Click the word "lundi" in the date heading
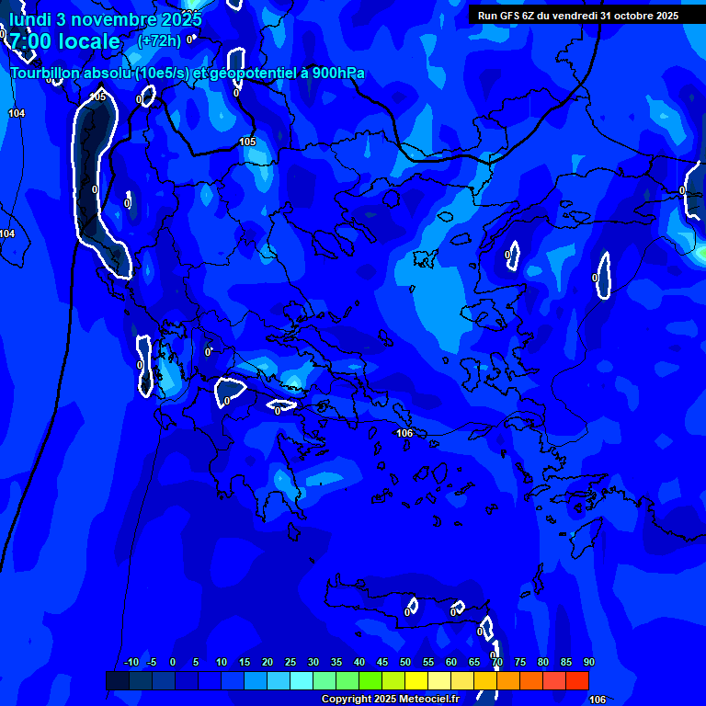coord(30,19)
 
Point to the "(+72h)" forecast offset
coord(159,40)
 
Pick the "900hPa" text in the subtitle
coord(338,73)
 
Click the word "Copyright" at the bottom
coord(347,699)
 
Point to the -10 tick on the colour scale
coord(131,663)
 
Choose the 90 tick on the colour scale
coord(589,663)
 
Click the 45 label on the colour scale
coord(382,663)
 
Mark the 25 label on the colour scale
coord(290,663)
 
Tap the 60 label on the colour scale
coord(451,663)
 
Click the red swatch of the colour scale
coord(577,680)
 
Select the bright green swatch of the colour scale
coord(370,680)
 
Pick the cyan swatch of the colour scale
coord(302,680)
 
